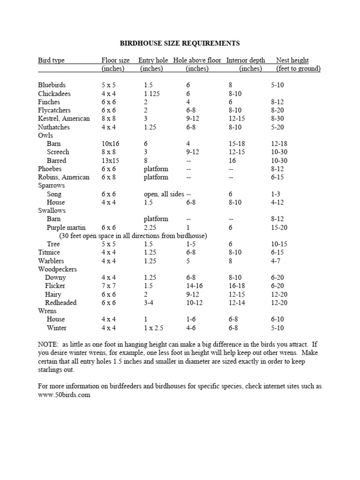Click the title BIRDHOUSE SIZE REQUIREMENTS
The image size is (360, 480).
[x=180, y=43]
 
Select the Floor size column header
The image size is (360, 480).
[x=116, y=60]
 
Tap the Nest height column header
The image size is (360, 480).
[x=292, y=60]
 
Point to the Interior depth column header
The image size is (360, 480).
[x=246, y=60]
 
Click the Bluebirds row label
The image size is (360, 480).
[x=52, y=85]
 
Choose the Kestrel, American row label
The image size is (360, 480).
[x=64, y=119]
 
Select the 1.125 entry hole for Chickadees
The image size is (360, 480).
[x=152, y=94]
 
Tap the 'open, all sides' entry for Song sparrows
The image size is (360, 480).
[x=164, y=194]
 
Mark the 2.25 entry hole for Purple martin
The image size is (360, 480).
[x=150, y=227]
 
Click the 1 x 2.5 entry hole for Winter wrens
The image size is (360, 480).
[x=154, y=328]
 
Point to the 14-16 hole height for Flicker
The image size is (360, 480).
[x=194, y=286]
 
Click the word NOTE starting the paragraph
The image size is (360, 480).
[x=47, y=345]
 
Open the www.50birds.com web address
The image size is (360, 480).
[x=64, y=395]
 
